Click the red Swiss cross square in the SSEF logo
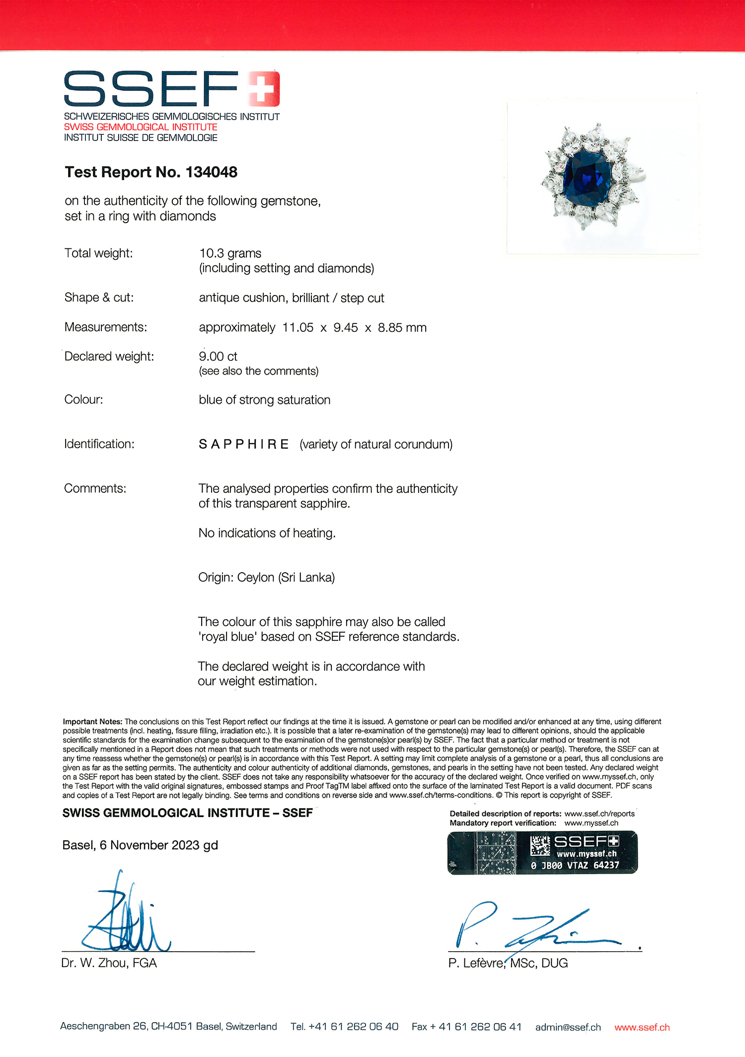(x=264, y=88)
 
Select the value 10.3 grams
(x=230, y=253)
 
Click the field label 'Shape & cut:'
(x=99, y=298)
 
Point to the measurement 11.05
(x=298, y=328)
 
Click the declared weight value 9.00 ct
(x=218, y=357)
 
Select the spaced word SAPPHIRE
(x=243, y=444)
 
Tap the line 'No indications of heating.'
(x=267, y=533)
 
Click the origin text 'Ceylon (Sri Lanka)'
(x=286, y=577)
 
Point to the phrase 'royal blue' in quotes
(x=227, y=637)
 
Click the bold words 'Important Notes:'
(x=92, y=721)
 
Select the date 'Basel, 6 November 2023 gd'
(x=140, y=845)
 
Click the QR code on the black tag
(x=539, y=845)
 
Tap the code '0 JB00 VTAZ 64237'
(x=575, y=865)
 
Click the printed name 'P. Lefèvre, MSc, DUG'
(x=508, y=963)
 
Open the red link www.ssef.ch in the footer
(x=642, y=1027)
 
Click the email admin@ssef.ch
(x=568, y=1027)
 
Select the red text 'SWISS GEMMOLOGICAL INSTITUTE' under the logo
(x=141, y=127)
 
